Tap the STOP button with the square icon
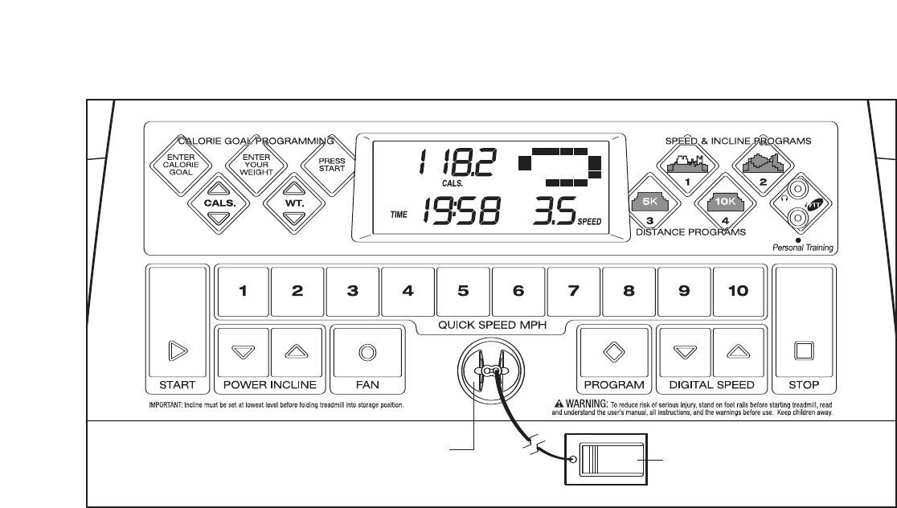tap(804, 351)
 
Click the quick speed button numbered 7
tap(574, 292)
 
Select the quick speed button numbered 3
tap(352, 292)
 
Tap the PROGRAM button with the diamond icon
tap(614, 351)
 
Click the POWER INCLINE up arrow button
tap(297, 351)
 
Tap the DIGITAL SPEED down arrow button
tap(684, 351)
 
